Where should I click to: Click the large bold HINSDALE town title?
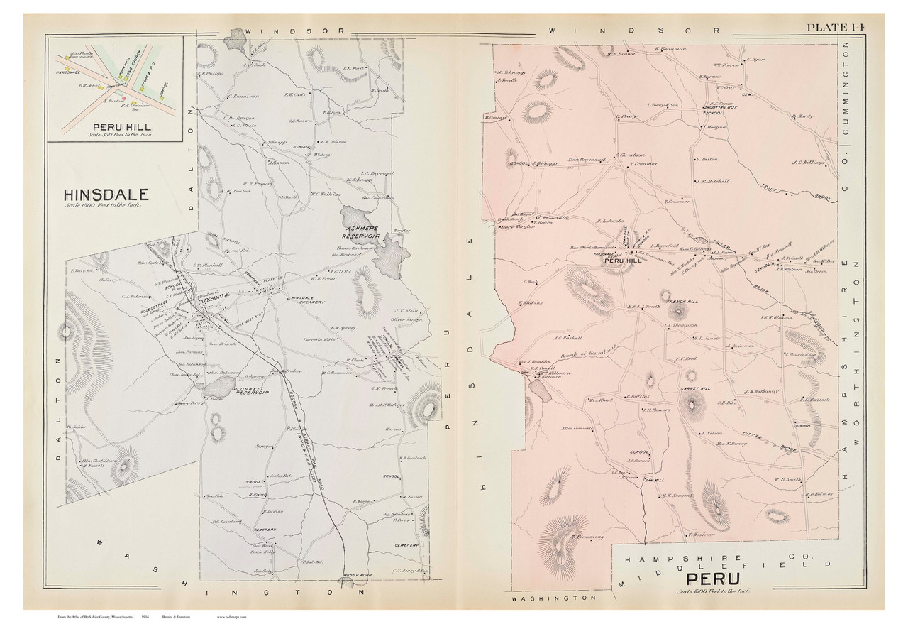[x=106, y=195]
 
